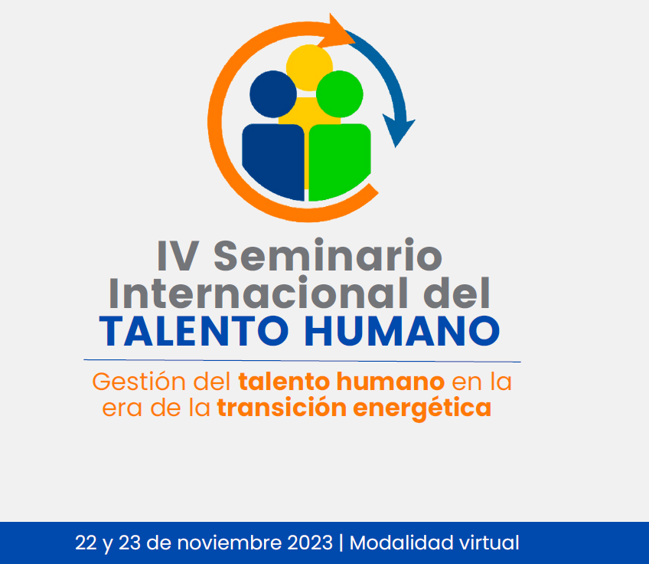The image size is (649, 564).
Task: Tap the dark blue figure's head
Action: pyautogui.click(x=273, y=94)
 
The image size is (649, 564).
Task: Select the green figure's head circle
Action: pyautogui.click(x=340, y=94)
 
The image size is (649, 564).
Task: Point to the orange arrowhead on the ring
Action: pyautogui.click(x=338, y=32)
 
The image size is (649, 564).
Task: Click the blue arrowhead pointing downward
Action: pyautogui.click(x=398, y=130)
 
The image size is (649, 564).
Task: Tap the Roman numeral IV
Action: pyautogui.click(x=178, y=257)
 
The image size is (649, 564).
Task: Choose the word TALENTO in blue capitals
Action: pyautogui.click(x=194, y=331)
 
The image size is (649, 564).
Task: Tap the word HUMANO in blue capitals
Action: pyautogui.click(x=403, y=331)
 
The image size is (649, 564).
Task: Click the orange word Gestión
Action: pyautogui.click(x=139, y=382)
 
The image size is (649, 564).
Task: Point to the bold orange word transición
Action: pyautogui.click(x=282, y=407)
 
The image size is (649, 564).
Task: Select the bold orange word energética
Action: pyautogui.click(x=422, y=408)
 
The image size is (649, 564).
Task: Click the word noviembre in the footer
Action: pyautogui.click(x=230, y=543)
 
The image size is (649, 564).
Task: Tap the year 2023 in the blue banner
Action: pyautogui.click(x=310, y=543)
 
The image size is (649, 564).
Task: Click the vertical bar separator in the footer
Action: pyautogui.click(x=341, y=543)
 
